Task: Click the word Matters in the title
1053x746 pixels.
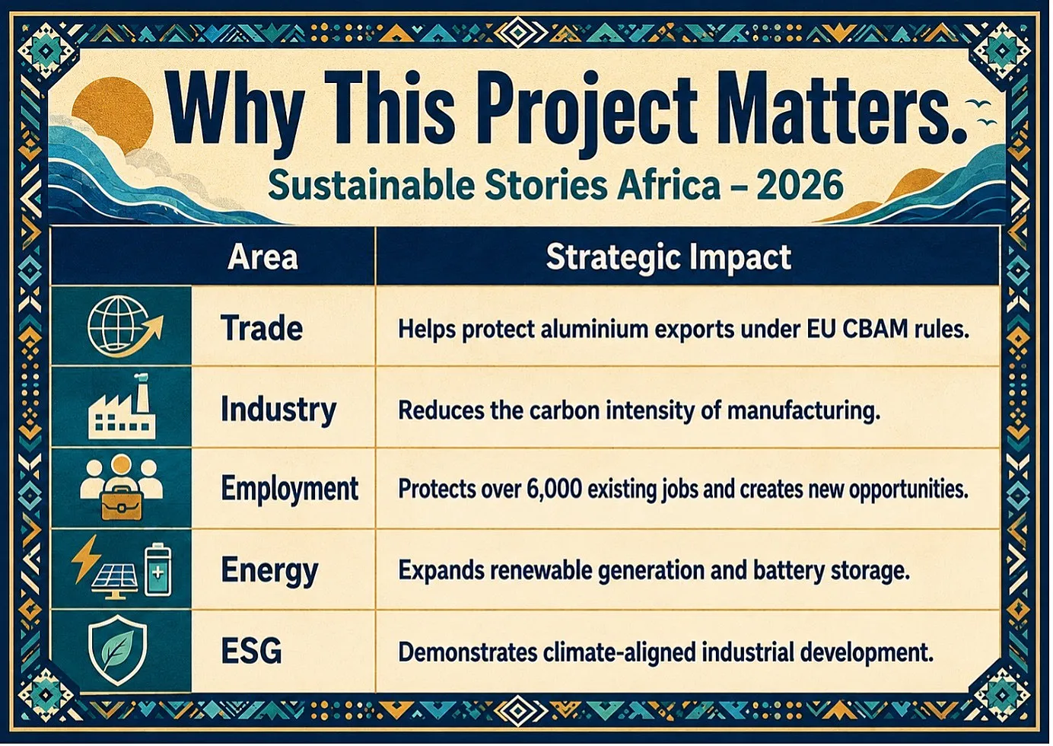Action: pyautogui.click(x=839, y=109)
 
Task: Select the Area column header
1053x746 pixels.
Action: pyautogui.click(x=262, y=257)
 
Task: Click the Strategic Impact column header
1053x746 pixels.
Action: pyautogui.click(x=668, y=258)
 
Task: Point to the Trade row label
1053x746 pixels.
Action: pyautogui.click(x=262, y=328)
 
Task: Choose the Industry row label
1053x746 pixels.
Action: pyautogui.click(x=278, y=410)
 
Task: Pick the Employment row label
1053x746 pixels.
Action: pyautogui.click(x=290, y=489)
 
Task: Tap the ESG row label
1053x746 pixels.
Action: pyautogui.click(x=251, y=651)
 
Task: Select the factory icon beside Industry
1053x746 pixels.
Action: pyautogui.click(x=122, y=406)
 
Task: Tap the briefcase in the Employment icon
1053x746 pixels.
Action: pyautogui.click(x=122, y=503)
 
